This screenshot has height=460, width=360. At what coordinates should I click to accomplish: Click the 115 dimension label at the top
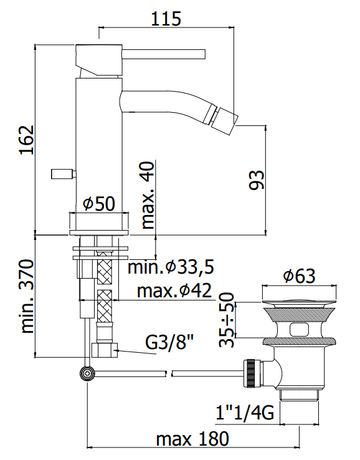(x=166, y=19)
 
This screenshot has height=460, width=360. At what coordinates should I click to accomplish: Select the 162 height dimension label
(x=27, y=140)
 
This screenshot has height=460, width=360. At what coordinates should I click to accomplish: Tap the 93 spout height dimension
(x=257, y=180)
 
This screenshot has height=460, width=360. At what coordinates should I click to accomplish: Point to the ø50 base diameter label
(x=99, y=204)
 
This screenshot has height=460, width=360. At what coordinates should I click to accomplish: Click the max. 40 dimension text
(x=148, y=195)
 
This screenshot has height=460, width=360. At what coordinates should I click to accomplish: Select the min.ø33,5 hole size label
(x=171, y=267)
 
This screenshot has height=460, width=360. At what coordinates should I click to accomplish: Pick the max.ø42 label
(x=174, y=290)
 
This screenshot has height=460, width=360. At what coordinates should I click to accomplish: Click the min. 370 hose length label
(x=27, y=296)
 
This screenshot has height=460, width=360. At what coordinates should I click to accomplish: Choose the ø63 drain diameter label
(x=300, y=276)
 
